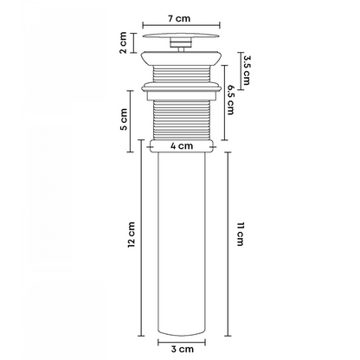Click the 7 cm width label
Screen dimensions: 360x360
tap(179, 18)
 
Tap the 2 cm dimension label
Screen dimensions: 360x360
tap(123, 42)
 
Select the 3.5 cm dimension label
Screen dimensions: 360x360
tap(246, 70)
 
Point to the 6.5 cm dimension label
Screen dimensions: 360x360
tap(231, 100)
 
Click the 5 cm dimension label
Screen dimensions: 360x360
tap(124, 119)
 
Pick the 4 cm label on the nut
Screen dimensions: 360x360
tap(182, 146)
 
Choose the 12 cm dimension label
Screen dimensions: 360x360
tap(132, 235)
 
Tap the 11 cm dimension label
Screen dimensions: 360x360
tap(241, 234)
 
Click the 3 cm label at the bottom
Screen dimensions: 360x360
tap(182, 349)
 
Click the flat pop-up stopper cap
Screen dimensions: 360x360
tap(182, 35)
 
